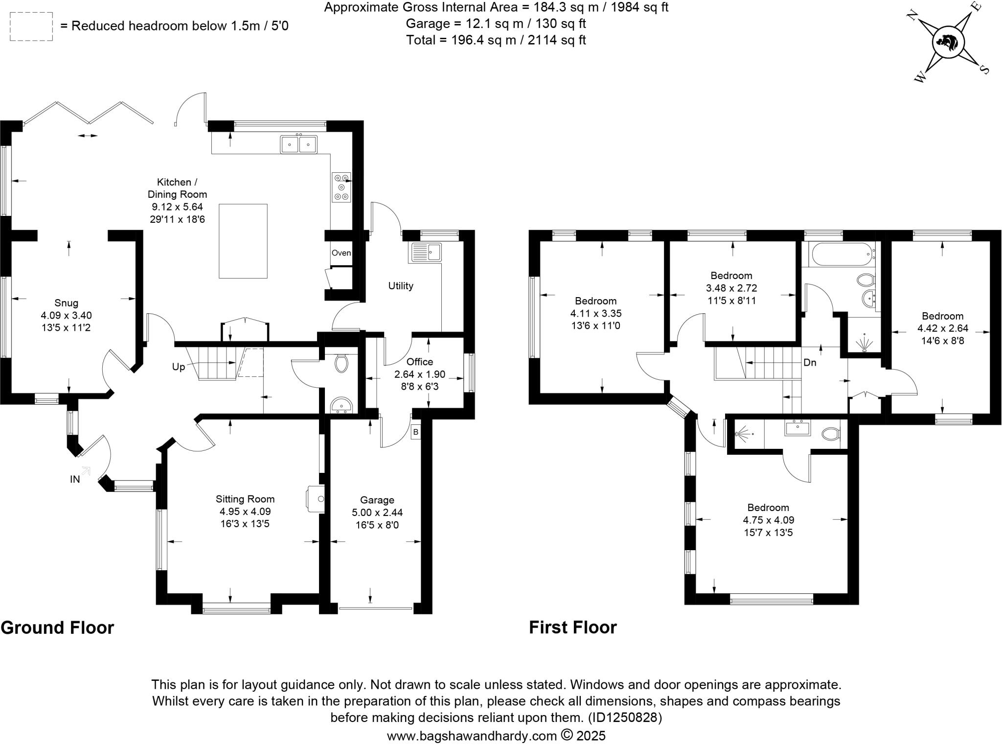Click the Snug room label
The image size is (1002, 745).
tap(67, 303)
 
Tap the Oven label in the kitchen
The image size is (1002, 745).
tap(341, 253)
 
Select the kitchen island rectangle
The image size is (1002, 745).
tap(243, 241)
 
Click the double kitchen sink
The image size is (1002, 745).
tap(298, 144)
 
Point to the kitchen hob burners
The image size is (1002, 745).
tap(342, 187)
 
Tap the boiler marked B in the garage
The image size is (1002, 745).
tap(415, 432)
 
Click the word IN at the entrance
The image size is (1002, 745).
tap(75, 480)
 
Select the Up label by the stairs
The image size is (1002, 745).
tap(179, 367)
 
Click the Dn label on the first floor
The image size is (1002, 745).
tap(810, 363)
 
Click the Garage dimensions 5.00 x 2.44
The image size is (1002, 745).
tap(377, 512)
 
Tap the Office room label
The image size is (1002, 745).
tap(420, 362)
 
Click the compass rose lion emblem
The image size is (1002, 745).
tap(949, 42)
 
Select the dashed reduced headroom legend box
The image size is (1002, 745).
tap(31, 26)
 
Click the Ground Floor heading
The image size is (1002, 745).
tap(57, 628)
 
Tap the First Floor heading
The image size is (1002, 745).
tap(572, 627)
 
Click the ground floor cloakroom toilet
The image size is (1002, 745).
tap(341, 364)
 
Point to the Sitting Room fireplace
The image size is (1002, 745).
tap(316, 499)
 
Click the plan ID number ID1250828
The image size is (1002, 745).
tap(624, 718)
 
